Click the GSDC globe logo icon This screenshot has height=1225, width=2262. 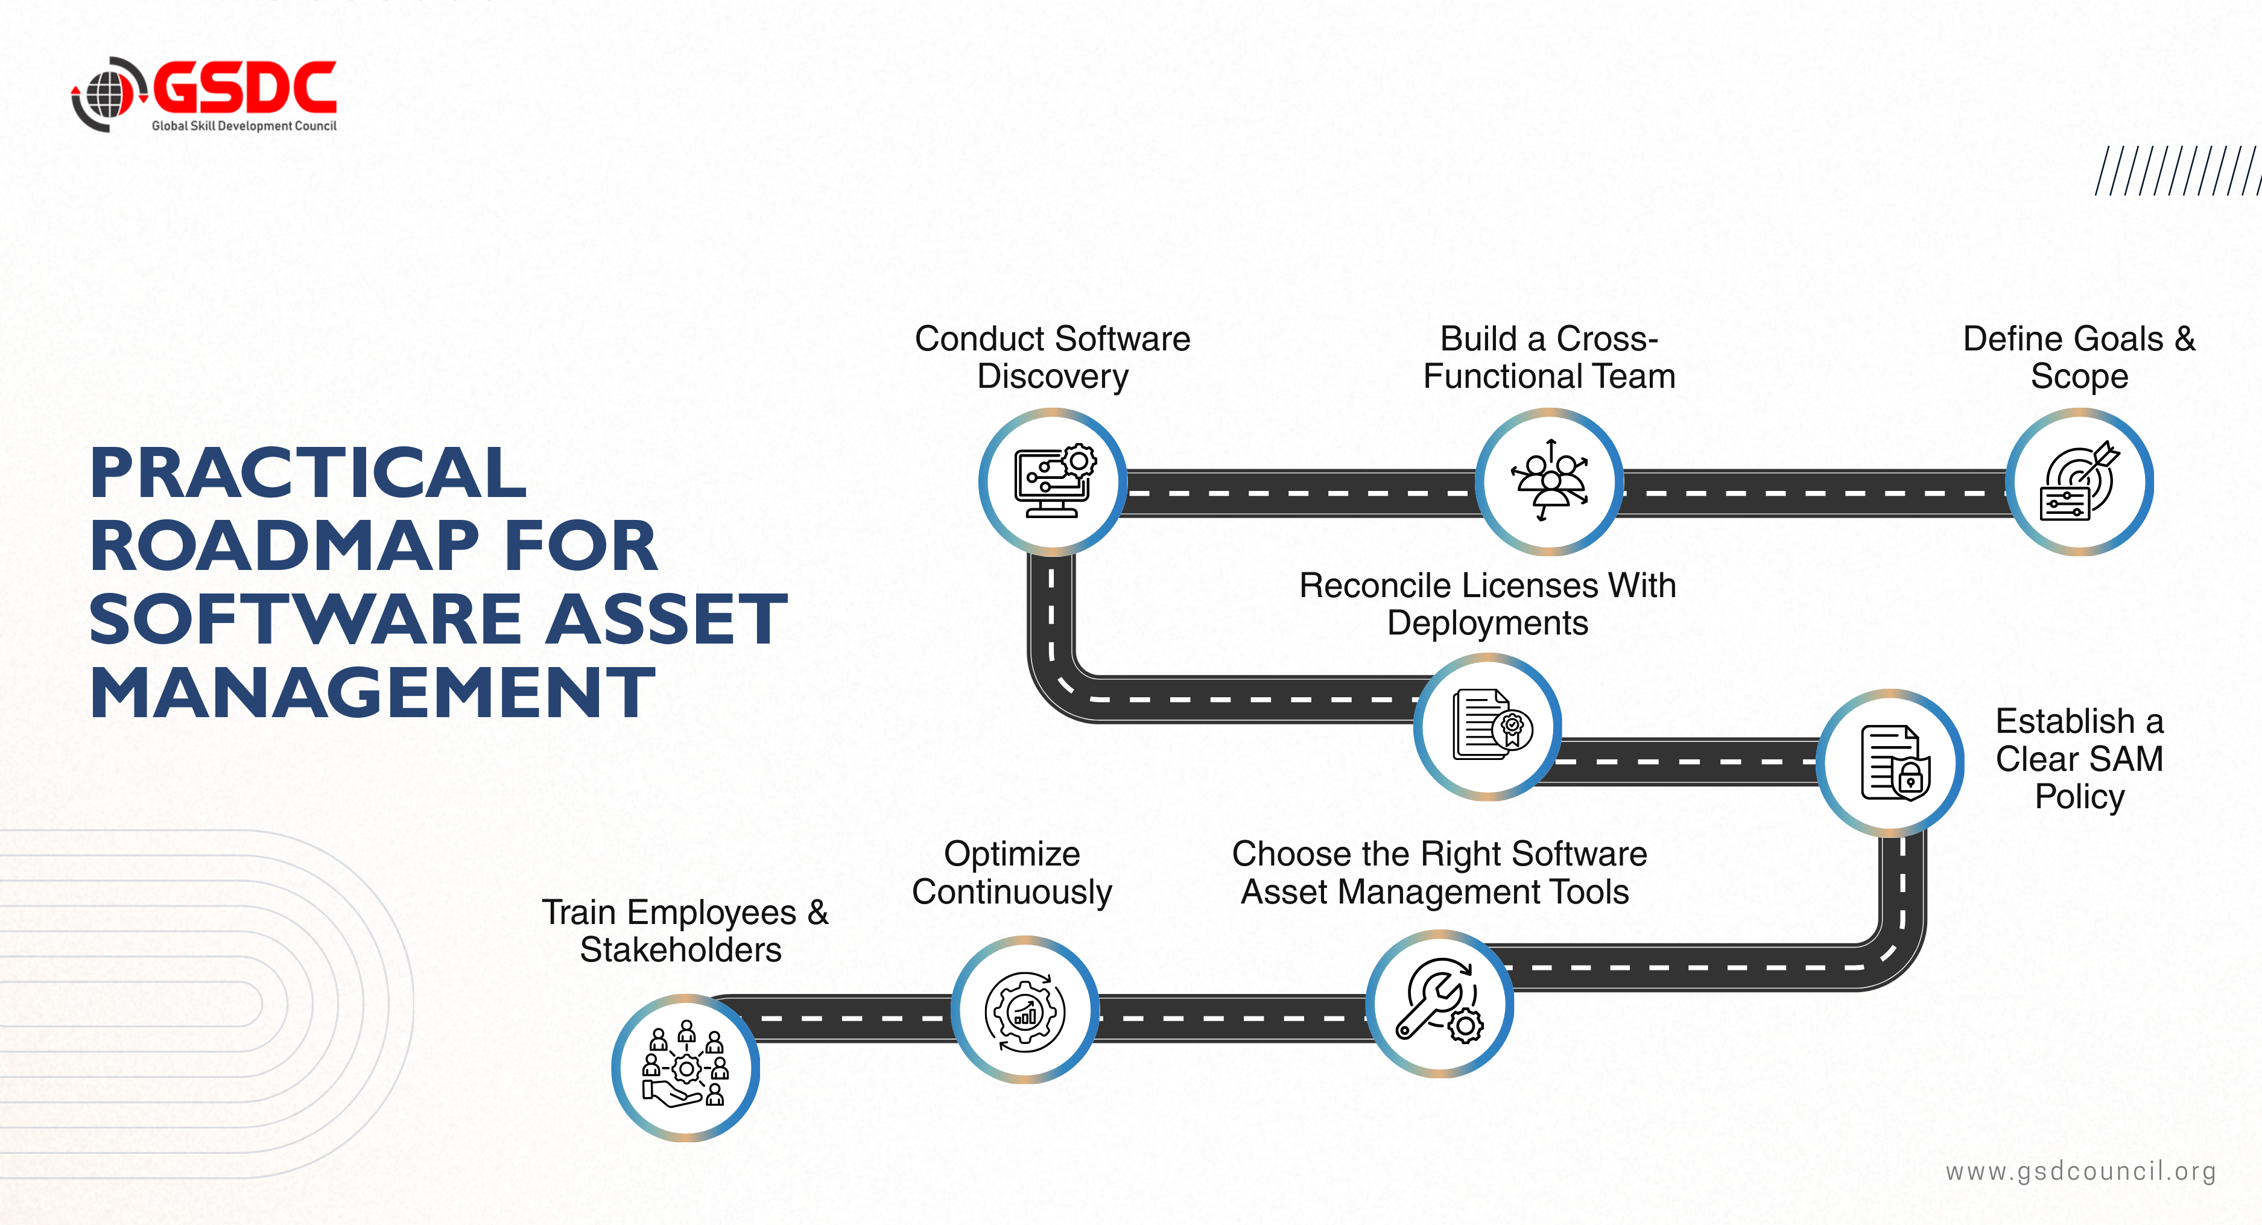click(x=106, y=94)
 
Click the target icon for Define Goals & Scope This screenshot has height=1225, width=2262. click(x=2079, y=482)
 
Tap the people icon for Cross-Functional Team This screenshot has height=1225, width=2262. click(x=1549, y=481)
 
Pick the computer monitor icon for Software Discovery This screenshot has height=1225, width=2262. click(x=1053, y=481)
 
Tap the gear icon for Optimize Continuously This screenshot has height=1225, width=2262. click(x=1025, y=1011)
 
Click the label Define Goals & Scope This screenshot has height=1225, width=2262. click(x=2079, y=358)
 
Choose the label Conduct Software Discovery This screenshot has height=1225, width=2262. click(x=1052, y=358)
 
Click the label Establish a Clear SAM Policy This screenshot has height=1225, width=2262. click(x=2079, y=759)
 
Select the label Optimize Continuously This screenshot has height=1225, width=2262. click(x=1012, y=873)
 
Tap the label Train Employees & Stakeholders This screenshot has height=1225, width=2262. click(x=683, y=931)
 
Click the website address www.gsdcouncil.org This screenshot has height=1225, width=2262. click(x=2080, y=1171)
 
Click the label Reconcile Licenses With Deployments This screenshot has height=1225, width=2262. click(x=1487, y=604)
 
